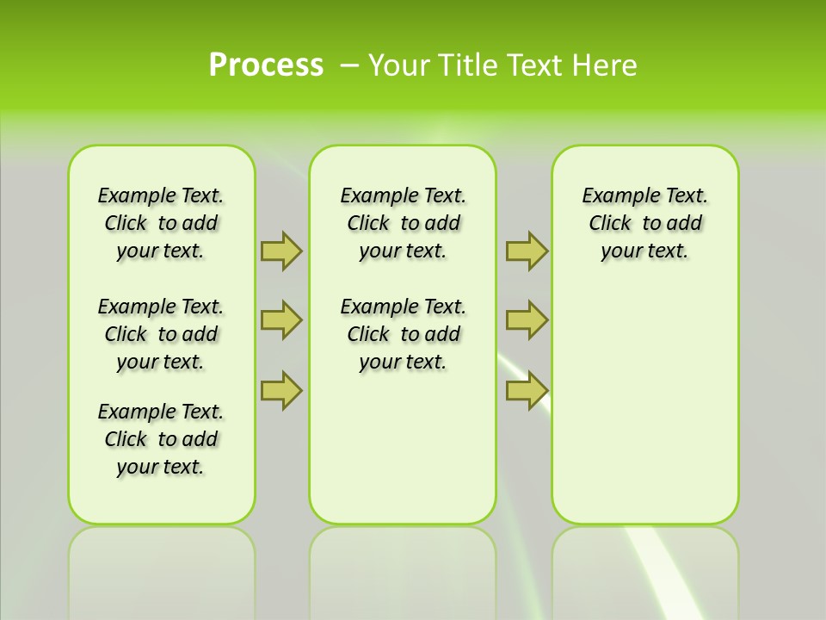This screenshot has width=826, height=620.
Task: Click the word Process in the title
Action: click(x=266, y=65)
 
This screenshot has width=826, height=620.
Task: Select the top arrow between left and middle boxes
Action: click(x=281, y=251)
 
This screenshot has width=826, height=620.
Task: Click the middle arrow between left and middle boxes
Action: click(x=281, y=320)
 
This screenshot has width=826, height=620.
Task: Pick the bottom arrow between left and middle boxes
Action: click(x=281, y=390)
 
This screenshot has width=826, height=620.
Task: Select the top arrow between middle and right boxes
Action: click(x=527, y=251)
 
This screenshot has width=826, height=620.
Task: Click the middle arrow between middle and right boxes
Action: click(x=527, y=320)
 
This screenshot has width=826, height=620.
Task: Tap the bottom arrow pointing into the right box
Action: click(x=527, y=390)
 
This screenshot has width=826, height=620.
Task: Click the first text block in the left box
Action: click(x=161, y=223)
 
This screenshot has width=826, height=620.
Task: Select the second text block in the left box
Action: click(x=161, y=334)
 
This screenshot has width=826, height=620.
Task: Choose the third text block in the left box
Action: click(x=161, y=439)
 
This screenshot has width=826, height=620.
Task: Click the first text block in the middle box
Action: click(x=403, y=223)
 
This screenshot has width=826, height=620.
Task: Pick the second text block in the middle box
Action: click(x=403, y=334)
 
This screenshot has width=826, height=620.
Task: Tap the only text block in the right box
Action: click(x=644, y=223)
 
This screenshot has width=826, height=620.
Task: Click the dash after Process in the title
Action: click(x=350, y=65)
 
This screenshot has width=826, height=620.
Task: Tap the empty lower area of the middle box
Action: click(x=403, y=448)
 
